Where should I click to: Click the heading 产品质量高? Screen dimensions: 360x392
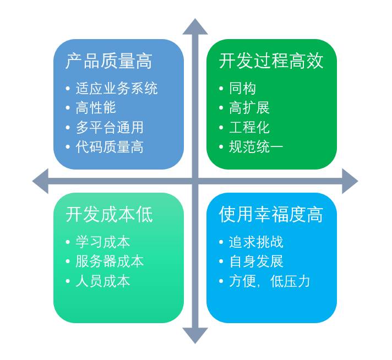point(108,61)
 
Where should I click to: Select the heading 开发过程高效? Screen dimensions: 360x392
point(271,61)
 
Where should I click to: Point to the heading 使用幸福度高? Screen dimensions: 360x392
point(271,214)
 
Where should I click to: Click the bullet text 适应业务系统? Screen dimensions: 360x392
point(116,88)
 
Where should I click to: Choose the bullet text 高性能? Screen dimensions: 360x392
point(96,107)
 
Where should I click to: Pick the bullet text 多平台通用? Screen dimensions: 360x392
point(110,127)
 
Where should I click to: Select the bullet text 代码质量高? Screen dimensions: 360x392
point(110,147)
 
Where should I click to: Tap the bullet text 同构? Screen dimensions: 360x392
point(242,88)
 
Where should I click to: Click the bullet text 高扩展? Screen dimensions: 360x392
point(249,107)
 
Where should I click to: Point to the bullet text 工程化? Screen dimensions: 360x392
point(249,127)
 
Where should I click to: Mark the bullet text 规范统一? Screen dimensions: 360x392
point(256,147)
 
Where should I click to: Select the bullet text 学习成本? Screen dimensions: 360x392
point(103,242)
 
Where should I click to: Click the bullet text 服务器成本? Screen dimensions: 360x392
point(110,261)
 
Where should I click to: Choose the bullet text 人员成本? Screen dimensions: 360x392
point(103,281)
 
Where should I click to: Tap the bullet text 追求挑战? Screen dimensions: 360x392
point(256,242)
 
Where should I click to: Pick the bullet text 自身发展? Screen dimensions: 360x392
point(256,261)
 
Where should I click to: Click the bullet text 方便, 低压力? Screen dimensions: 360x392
point(269,281)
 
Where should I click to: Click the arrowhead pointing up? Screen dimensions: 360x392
point(195,26)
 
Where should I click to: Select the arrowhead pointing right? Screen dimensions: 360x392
point(350,181)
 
